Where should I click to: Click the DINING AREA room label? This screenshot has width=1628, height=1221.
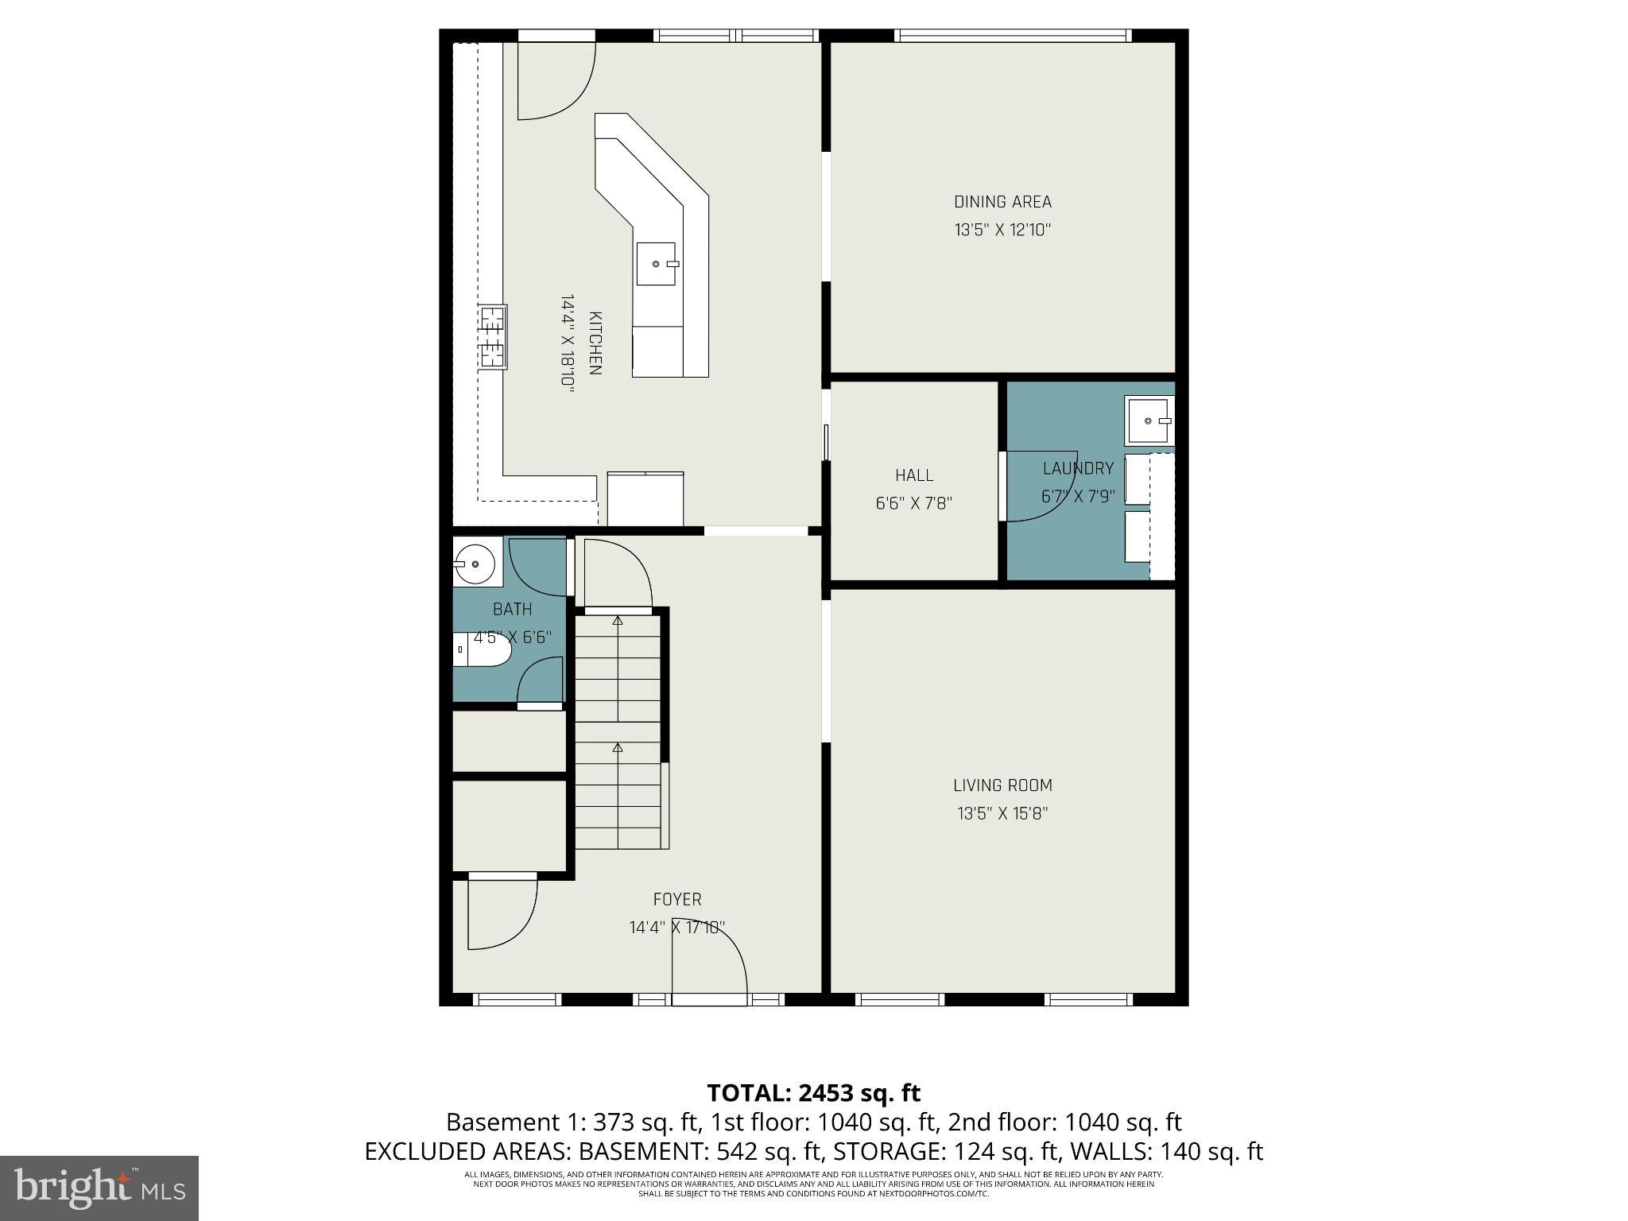tap(1002, 202)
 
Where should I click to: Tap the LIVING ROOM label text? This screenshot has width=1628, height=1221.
tap(1002, 785)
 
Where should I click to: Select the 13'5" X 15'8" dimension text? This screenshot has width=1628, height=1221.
tap(1002, 813)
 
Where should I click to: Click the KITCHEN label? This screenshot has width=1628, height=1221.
tap(595, 343)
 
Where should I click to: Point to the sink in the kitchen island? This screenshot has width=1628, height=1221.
tap(656, 264)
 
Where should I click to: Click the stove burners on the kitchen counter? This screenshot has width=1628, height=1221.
tap(492, 337)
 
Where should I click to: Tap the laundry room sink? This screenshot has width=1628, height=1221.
tap(1149, 421)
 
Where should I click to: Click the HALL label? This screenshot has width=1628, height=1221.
tap(914, 475)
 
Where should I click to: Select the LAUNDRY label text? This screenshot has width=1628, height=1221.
tap(1078, 468)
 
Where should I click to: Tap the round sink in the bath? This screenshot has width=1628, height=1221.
tap(475, 563)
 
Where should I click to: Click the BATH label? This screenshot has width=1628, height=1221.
tap(512, 610)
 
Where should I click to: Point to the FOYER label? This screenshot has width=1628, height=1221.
tap(677, 899)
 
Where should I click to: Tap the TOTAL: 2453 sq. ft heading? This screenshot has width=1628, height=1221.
tap(813, 1093)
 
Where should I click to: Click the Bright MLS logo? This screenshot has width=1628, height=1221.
tap(99, 1188)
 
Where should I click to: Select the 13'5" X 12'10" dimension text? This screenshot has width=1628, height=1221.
tap(1002, 231)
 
